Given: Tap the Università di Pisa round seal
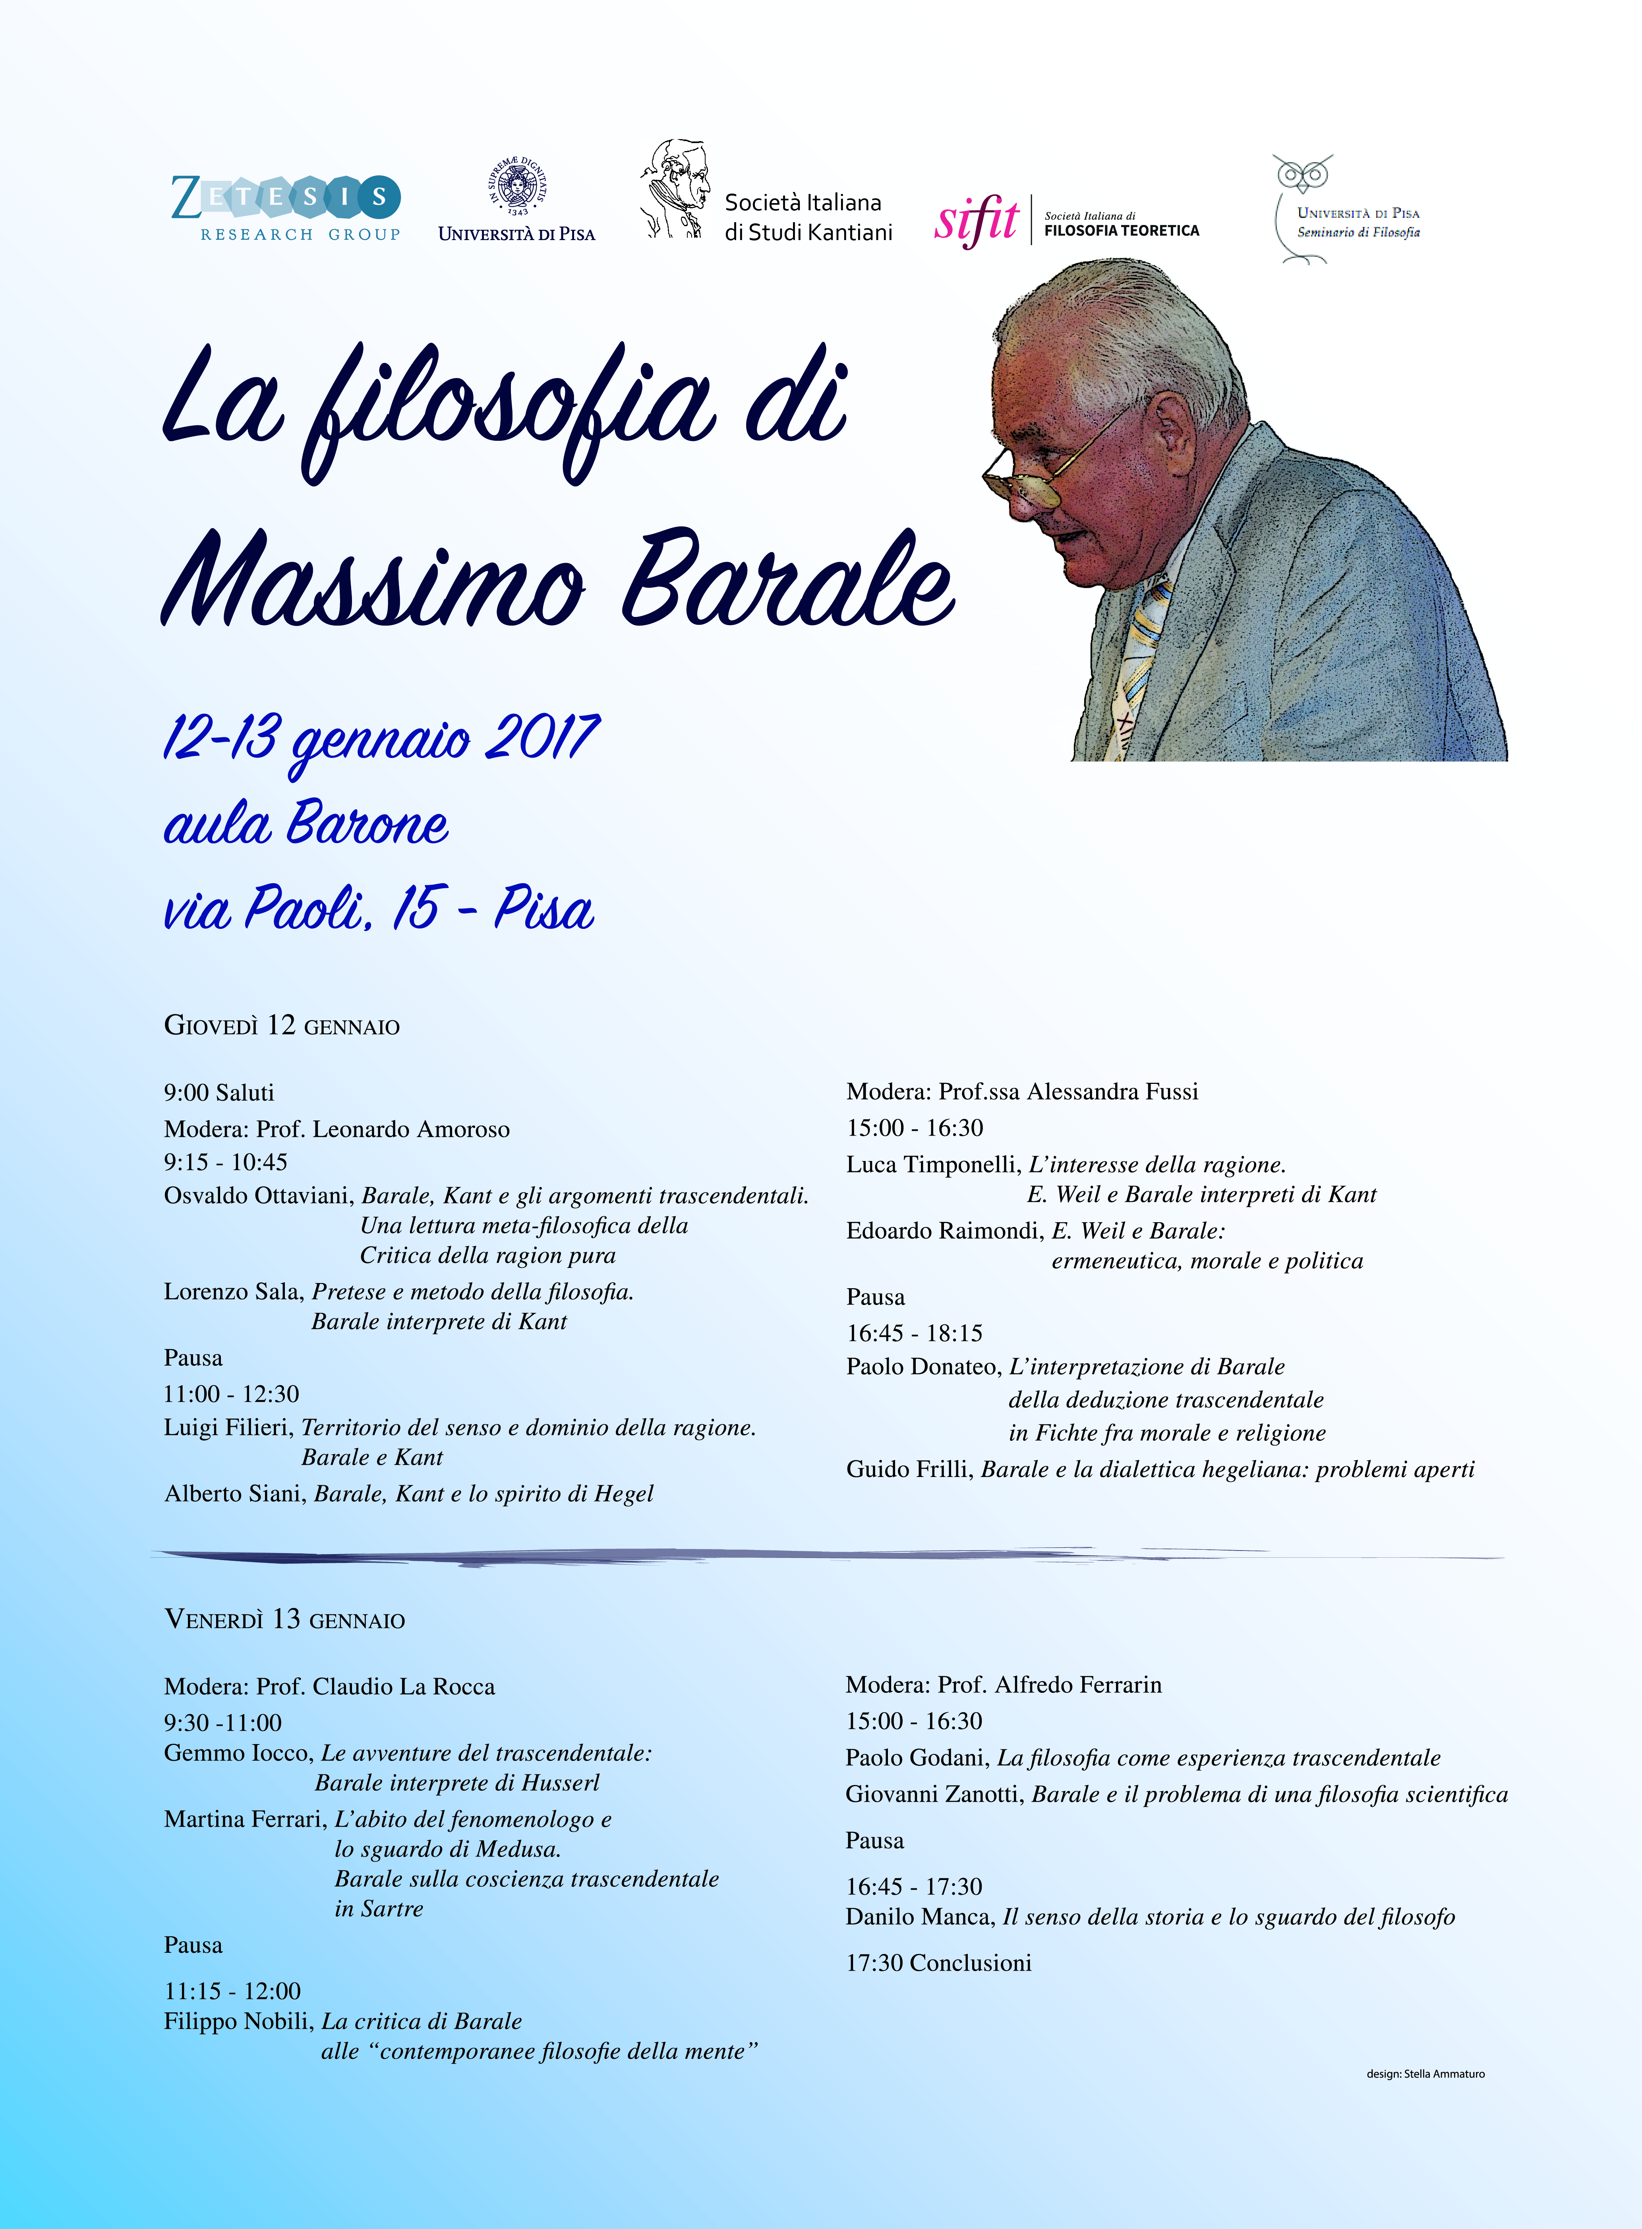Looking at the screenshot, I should tap(517, 186).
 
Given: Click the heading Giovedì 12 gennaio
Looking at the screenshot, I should tap(281, 1025).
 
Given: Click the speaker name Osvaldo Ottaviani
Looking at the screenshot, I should tap(258, 1195).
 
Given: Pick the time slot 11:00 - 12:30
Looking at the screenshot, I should tap(232, 1394).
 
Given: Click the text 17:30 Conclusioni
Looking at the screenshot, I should tap(938, 1963).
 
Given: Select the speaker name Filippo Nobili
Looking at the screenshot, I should tap(238, 2021).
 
